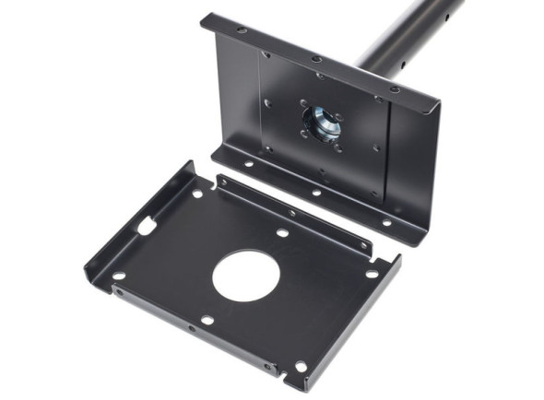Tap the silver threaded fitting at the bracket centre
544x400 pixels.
pyautogui.click(x=321, y=122)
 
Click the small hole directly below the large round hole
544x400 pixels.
pyautogui.click(x=207, y=320)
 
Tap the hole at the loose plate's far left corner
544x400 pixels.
pyautogui.click(x=119, y=275)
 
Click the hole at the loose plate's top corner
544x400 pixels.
pyautogui.click(x=197, y=194)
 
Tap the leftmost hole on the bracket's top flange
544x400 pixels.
pyautogui.click(x=241, y=30)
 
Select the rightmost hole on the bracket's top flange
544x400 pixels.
pyautogui.click(x=395, y=89)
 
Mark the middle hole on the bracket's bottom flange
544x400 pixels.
pyautogui.click(x=315, y=193)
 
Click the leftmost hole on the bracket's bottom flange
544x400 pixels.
pyautogui.click(x=247, y=164)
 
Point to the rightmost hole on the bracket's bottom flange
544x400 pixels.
pyautogui.click(x=386, y=223)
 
